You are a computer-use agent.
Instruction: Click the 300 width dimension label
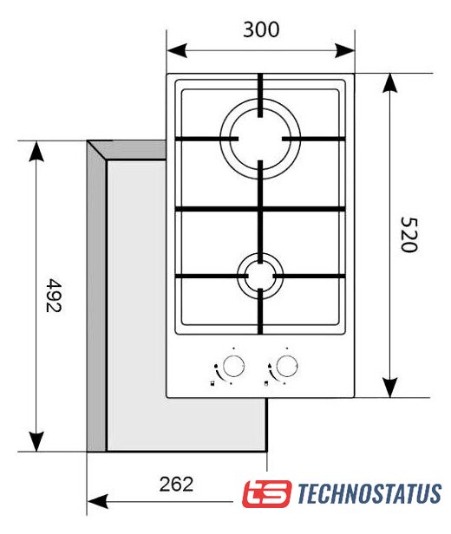pyautogui.click(x=261, y=29)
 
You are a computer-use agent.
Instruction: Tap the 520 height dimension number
pyautogui.click(x=409, y=234)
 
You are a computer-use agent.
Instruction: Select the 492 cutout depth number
pyautogui.click(x=54, y=296)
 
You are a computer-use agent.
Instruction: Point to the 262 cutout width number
pyautogui.click(x=176, y=484)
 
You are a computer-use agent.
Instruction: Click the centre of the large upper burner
pyautogui.click(x=260, y=139)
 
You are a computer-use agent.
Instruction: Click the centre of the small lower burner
pyautogui.click(x=260, y=276)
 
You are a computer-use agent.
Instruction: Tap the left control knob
pyautogui.click(x=233, y=366)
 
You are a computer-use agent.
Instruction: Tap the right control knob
pyautogui.click(x=287, y=366)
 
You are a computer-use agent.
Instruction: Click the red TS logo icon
pyautogui.click(x=267, y=494)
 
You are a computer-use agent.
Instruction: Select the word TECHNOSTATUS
pyautogui.click(x=369, y=493)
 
